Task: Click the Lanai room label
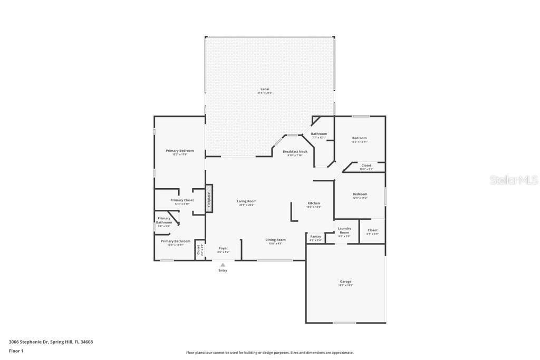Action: (265, 89)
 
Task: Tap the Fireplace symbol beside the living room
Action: (209, 198)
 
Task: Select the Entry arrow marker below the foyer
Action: (223, 265)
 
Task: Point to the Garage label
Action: (345, 281)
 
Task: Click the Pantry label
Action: (315, 236)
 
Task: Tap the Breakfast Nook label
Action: (295, 151)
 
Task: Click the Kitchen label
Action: (314, 203)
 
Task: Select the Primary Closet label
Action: (182, 200)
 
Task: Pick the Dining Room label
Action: (276, 240)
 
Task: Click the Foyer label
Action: (224, 248)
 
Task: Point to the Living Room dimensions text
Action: (246, 205)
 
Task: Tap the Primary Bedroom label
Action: (179, 151)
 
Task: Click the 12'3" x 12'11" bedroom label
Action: (359, 138)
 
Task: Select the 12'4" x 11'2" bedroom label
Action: (360, 194)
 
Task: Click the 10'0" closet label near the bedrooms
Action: (366, 166)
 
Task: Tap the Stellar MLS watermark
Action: (514, 180)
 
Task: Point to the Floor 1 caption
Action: (16, 351)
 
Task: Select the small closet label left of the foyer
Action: (199, 249)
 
